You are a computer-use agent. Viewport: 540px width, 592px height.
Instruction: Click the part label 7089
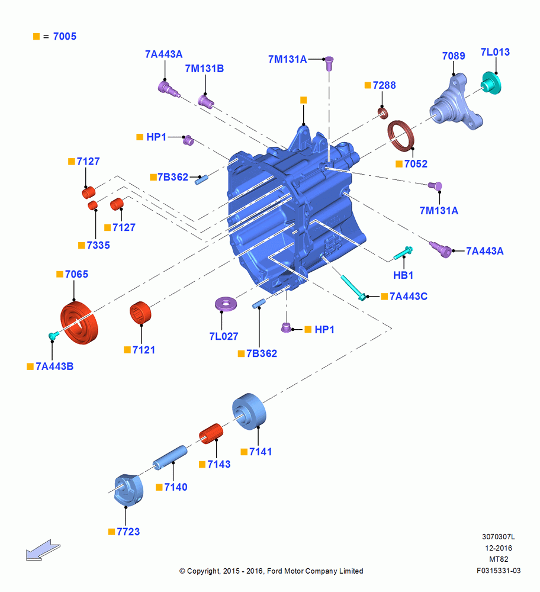coord(453,56)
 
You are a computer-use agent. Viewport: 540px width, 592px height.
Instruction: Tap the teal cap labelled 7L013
coord(491,83)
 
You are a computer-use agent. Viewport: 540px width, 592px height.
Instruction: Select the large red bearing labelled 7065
coord(79,323)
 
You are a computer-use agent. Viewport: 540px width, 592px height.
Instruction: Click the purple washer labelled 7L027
coord(226,304)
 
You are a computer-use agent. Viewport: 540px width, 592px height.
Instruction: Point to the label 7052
coord(416,164)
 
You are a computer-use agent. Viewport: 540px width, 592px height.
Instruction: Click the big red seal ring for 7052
coord(401,136)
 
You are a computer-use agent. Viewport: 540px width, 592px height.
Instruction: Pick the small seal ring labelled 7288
coord(383,112)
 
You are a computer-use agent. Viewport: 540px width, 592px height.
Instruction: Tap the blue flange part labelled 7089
coord(456,102)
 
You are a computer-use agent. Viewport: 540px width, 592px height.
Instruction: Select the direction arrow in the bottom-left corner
coord(43,550)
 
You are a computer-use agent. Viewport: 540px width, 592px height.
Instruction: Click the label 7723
coord(128,532)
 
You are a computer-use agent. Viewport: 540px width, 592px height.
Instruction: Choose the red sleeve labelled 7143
coord(211,434)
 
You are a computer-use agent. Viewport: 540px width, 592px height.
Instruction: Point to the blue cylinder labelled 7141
coord(249,411)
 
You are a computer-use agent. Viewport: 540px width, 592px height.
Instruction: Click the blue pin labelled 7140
coord(170,458)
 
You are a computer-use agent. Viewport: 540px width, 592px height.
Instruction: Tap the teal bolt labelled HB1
coord(403,253)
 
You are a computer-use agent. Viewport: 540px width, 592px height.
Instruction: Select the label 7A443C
coord(408,297)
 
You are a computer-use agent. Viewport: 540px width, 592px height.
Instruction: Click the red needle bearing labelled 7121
coord(140,313)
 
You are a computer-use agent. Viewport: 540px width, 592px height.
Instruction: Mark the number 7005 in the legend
coord(65,36)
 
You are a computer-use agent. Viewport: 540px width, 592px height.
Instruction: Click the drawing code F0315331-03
coord(499,571)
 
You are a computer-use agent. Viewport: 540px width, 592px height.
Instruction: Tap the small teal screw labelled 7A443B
coord(54,335)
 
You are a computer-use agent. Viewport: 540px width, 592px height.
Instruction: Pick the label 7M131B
coord(204,68)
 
